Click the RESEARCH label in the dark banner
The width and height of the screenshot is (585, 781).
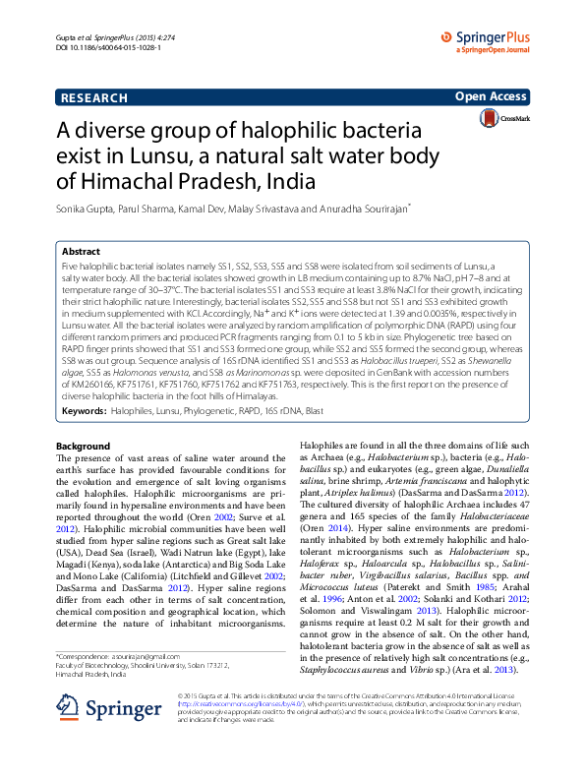point(93,98)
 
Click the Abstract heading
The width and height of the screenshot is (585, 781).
point(81,252)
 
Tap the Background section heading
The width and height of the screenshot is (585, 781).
point(84,446)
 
